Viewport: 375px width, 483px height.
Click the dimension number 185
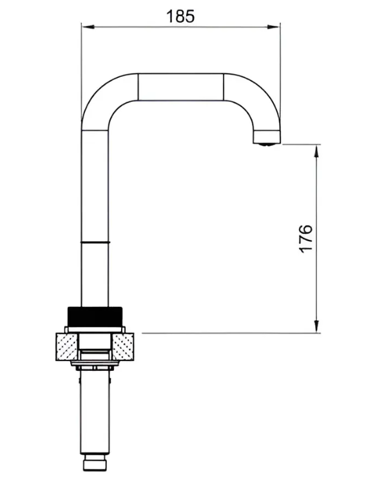tap(180, 16)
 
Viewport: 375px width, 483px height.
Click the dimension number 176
tap(306, 238)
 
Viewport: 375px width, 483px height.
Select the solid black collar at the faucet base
tap(95, 317)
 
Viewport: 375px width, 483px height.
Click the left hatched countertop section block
tap(66, 348)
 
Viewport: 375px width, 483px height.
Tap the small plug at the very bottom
tap(95, 463)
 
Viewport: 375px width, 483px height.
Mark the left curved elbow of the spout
tap(106, 97)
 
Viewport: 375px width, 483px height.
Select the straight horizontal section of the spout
tap(180, 86)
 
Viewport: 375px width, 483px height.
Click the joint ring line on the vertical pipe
tap(95, 242)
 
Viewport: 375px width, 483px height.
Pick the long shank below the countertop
tap(95, 413)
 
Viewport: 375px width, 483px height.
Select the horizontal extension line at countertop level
tap(226, 333)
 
